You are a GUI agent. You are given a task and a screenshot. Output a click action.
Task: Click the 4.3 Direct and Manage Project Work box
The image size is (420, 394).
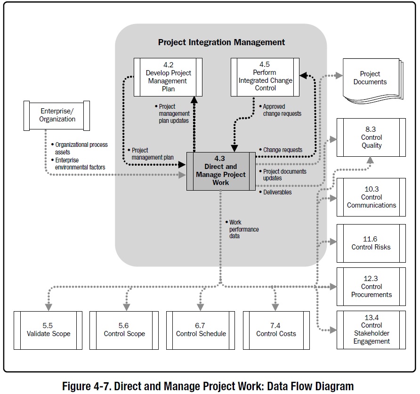(x=221, y=171)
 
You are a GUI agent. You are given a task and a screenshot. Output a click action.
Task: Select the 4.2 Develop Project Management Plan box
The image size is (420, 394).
(x=168, y=77)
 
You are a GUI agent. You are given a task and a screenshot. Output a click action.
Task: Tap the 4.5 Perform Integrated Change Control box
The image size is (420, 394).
(x=265, y=77)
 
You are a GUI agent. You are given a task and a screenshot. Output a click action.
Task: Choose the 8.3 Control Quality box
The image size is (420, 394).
(x=371, y=137)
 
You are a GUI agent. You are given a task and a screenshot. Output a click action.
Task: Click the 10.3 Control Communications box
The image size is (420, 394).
(x=371, y=197)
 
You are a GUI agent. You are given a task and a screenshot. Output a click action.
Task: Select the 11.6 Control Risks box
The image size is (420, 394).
(x=371, y=243)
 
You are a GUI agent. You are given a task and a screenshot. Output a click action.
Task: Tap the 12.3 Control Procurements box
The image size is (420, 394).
(x=371, y=286)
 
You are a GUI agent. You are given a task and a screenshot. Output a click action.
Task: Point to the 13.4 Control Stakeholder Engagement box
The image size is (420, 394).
(x=371, y=330)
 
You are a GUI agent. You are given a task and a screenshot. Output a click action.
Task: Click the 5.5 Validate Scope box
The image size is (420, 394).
(x=48, y=330)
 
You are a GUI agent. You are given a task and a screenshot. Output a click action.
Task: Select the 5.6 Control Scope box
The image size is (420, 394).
(x=124, y=330)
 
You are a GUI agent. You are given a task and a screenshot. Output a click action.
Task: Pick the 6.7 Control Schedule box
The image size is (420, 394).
(x=201, y=330)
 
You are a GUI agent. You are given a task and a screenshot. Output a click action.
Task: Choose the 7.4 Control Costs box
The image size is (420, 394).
(x=276, y=330)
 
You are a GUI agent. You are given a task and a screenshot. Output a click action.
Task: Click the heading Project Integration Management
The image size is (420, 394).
(x=221, y=42)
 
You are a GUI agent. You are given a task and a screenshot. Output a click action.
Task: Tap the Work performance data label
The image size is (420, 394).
(x=243, y=229)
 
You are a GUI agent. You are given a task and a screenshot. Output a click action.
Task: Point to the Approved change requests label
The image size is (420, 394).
(x=282, y=110)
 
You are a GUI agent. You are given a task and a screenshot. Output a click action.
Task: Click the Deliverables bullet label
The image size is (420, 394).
(x=277, y=192)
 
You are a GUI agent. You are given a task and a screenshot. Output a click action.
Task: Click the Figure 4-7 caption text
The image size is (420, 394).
(x=208, y=386)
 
